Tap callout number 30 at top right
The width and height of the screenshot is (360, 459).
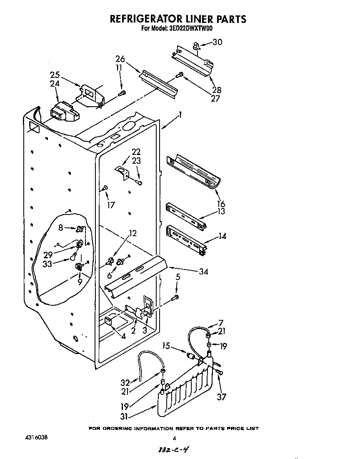coord(217,42)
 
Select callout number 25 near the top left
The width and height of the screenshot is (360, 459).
coord(55,75)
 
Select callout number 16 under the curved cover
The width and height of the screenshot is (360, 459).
coord(221,204)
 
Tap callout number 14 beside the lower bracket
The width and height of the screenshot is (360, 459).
coord(222,236)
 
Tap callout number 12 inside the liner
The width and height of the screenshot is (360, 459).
coord(132,233)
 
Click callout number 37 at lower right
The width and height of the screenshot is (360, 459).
coord(222,397)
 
